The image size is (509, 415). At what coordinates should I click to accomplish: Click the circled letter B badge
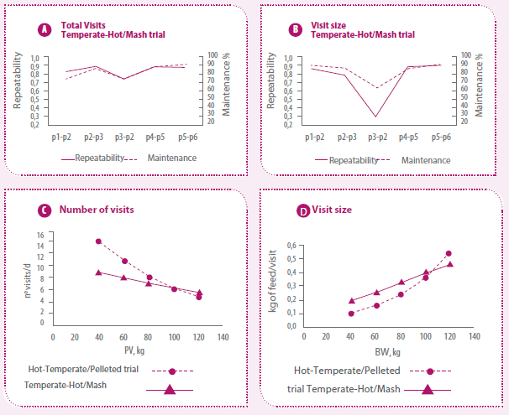pyautogui.click(x=295, y=31)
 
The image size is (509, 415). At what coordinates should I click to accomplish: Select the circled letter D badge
pyautogui.click(x=302, y=210)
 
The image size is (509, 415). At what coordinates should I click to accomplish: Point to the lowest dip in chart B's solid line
pyautogui.click(x=375, y=117)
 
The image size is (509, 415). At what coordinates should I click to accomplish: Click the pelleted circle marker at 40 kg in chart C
pyautogui.click(x=99, y=241)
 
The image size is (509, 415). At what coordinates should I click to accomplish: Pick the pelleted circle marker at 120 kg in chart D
pyautogui.click(x=449, y=253)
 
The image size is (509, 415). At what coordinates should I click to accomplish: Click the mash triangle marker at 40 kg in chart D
pyautogui.click(x=351, y=300)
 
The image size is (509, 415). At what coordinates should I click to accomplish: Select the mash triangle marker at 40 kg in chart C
pyautogui.click(x=99, y=272)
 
